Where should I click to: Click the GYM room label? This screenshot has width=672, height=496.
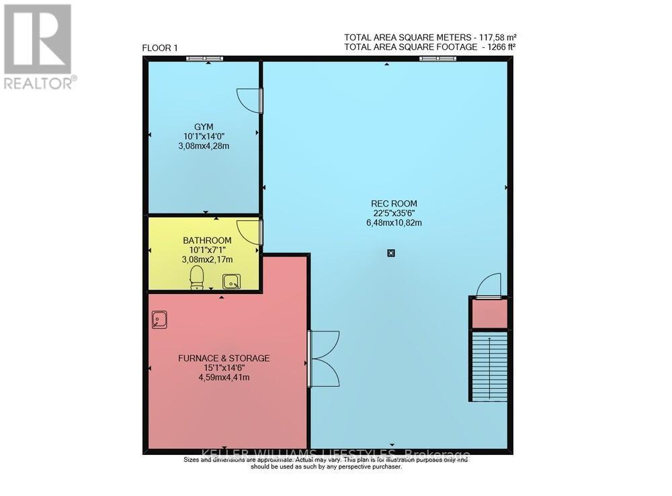(x=204, y=127)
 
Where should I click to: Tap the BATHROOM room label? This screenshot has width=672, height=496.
(x=207, y=240)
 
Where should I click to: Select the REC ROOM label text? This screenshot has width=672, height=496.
(x=394, y=203)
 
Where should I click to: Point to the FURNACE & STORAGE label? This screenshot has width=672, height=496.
(x=223, y=358)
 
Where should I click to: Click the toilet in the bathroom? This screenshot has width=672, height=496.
(x=197, y=277)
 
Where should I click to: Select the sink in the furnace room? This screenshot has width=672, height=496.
(x=160, y=318)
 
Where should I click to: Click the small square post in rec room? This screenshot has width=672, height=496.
(x=391, y=254)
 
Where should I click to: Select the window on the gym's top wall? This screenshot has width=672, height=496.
(x=205, y=59)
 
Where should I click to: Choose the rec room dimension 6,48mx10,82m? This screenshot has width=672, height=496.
(x=394, y=223)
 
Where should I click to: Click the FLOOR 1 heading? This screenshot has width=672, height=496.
(x=160, y=47)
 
